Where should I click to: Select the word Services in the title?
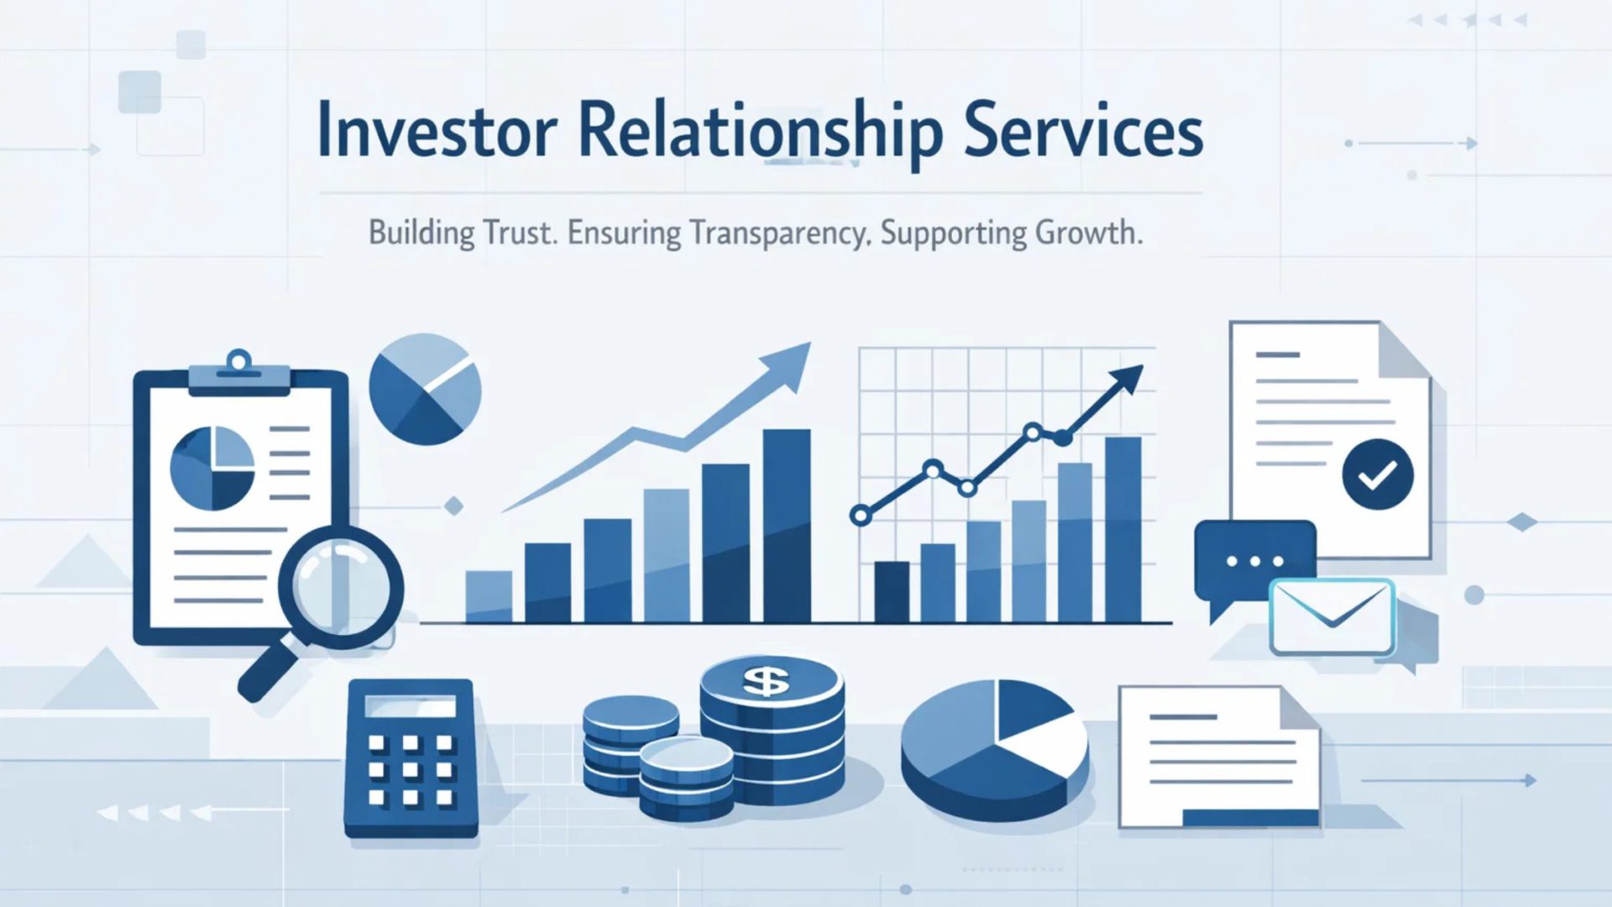[x=1083, y=132]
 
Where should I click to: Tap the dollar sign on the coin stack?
[x=766, y=681]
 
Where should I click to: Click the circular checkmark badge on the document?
[x=1377, y=474]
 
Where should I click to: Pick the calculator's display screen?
[x=411, y=706]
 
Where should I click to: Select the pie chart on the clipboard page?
[x=212, y=469]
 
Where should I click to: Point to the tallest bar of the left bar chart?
[x=787, y=525]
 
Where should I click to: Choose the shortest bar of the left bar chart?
[x=489, y=596]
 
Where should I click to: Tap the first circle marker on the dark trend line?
[x=861, y=516]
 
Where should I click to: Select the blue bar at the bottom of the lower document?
[x=1251, y=817]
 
